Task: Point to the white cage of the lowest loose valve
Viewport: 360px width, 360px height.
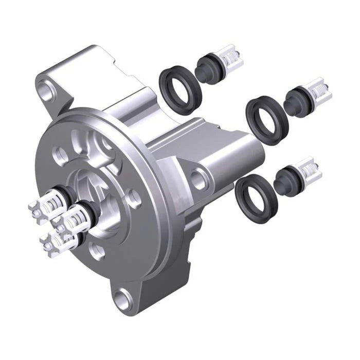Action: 309,170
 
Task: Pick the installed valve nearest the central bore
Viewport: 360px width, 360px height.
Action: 77,216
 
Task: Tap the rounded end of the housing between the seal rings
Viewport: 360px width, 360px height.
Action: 242,149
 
